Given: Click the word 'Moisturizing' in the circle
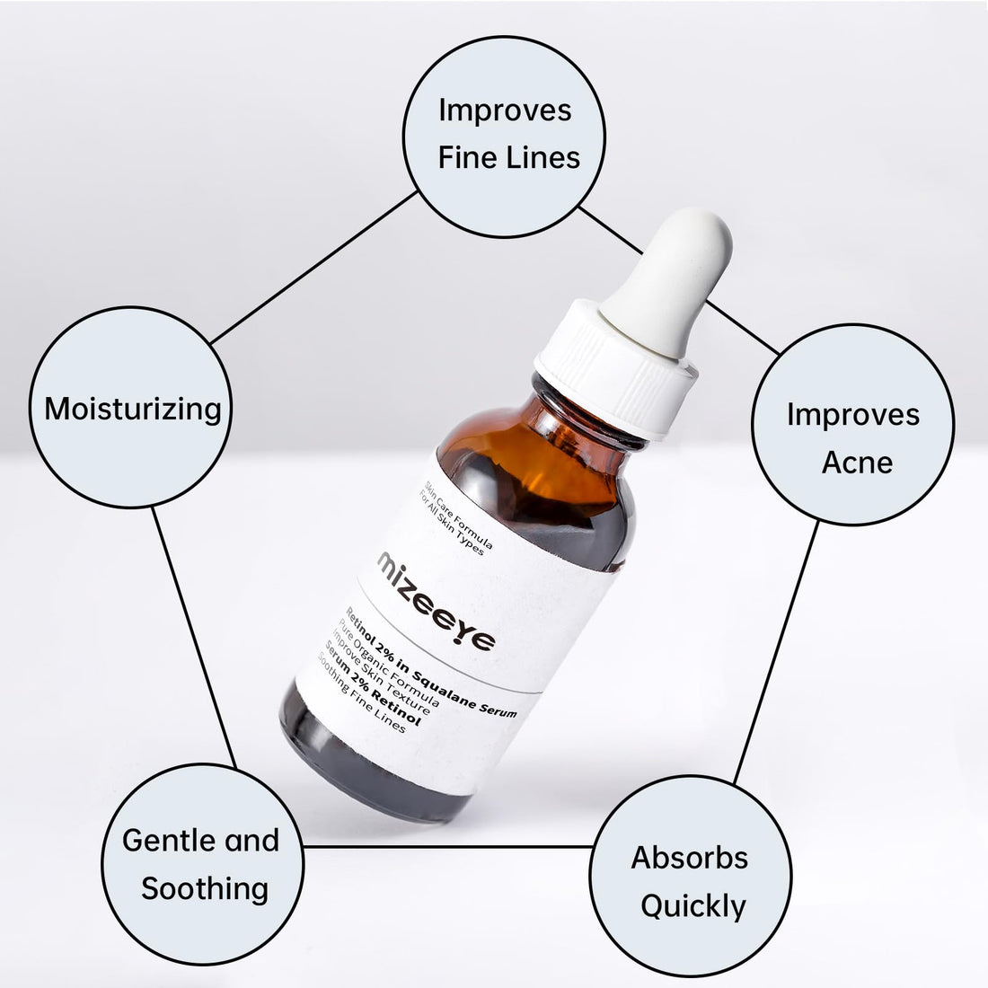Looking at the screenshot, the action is pyautogui.click(x=133, y=410).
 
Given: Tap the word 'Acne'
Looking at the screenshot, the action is pyautogui.click(x=857, y=463).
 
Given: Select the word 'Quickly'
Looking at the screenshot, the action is pyautogui.click(x=693, y=907).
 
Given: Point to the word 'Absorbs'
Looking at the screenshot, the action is pyautogui.click(x=689, y=858).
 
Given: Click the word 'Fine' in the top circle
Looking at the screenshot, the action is pyautogui.click(x=464, y=157).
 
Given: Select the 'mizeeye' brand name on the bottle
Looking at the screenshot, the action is pyautogui.click(x=436, y=602).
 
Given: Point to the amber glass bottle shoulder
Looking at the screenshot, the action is pyautogui.click(x=535, y=460).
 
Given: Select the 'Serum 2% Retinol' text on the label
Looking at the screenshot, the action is pyautogui.click(x=372, y=683).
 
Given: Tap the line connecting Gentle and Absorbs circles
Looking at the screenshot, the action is pyautogui.click(x=447, y=847).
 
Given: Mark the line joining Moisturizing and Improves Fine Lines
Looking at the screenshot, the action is pyautogui.click(x=313, y=268).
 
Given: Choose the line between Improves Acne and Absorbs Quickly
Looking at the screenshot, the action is pyautogui.click(x=776, y=652).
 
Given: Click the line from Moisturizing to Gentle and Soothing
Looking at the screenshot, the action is pyautogui.click(x=194, y=638).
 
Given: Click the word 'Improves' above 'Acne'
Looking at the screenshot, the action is pyautogui.click(x=853, y=415).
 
